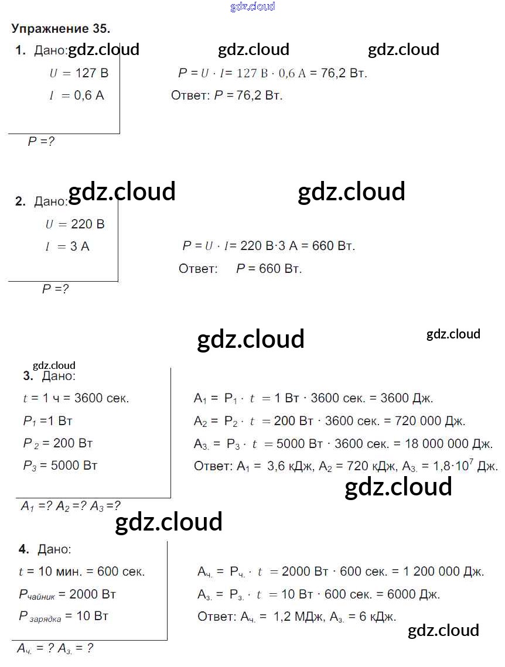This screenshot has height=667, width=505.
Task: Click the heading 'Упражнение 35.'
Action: click(60, 29)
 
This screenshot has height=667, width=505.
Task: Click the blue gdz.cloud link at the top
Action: click(252, 6)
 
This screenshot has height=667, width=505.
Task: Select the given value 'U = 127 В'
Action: click(79, 73)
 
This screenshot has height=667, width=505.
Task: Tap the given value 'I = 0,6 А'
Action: click(77, 95)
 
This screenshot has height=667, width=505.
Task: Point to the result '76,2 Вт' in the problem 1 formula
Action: click(344, 73)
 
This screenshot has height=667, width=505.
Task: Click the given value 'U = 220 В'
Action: click(75, 224)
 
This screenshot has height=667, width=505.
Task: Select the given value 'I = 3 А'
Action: click(67, 247)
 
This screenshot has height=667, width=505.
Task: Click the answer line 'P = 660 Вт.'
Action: click(269, 269)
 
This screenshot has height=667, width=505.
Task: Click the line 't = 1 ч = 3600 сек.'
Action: click(76, 398)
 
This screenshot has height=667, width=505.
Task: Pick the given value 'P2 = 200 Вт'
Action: click(58, 443)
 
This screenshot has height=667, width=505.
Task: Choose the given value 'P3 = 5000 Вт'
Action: click(60, 466)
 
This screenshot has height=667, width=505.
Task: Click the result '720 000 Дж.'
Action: click(429, 421)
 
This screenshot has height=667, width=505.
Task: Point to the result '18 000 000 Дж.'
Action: click(448, 444)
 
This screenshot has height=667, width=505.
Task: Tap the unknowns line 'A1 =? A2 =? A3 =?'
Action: click(71, 506)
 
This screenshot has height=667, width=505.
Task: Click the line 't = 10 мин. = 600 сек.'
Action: click(81, 572)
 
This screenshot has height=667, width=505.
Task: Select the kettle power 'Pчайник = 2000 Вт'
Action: click(67, 594)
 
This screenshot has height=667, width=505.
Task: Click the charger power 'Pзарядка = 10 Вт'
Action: click(63, 617)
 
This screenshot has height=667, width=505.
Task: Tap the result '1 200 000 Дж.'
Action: click(443, 572)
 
